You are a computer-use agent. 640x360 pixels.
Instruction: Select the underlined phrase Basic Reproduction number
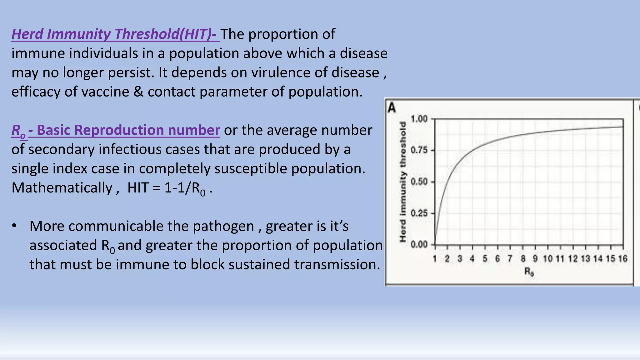[x=128, y=130]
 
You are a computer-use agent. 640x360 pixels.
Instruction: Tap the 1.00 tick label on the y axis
[x=419, y=119]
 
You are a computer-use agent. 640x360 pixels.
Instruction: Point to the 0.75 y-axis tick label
[x=419, y=150]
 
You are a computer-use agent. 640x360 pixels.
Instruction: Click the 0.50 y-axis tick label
[x=419, y=182]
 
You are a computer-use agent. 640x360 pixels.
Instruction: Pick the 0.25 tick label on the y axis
[x=419, y=213]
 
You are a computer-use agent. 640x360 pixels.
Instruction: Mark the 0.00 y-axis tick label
[x=419, y=245]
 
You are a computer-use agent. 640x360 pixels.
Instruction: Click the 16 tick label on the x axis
[x=623, y=259]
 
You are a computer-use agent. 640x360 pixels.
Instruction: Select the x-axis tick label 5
[x=485, y=259]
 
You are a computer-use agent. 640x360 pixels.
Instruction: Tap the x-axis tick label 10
[x=548, y=259]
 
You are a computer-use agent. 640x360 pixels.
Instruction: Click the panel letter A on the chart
[x=392, y=108]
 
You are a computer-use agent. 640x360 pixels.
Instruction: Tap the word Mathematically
[x=62, y=188]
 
